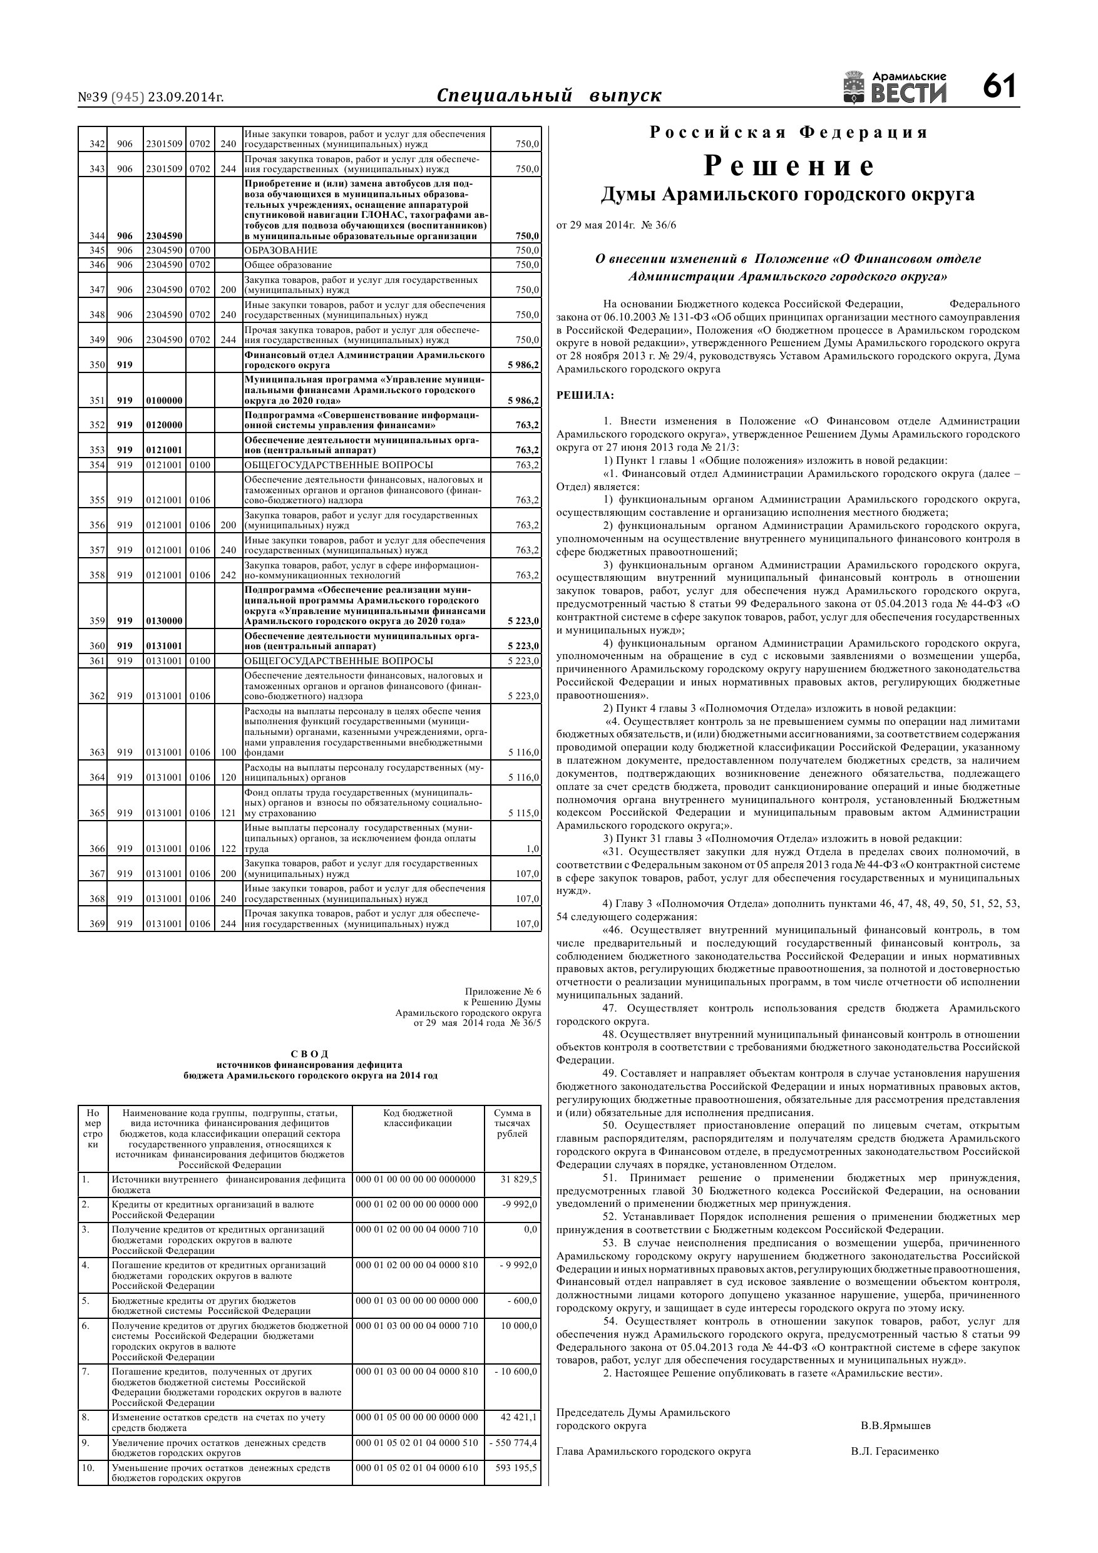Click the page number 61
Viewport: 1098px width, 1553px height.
[x=1000, y=87]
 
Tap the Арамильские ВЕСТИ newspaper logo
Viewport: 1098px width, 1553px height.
[x=895, y=88]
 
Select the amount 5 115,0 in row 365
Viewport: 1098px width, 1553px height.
[x=523, y=813]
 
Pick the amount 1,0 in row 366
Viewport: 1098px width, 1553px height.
[x=533, y=849]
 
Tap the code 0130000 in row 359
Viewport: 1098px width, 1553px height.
[x=165, y=621]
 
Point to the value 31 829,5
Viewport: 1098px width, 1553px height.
[x=519, y=1179]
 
